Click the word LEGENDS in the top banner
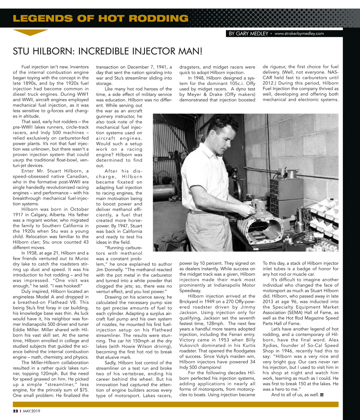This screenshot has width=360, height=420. [x=42, y=19]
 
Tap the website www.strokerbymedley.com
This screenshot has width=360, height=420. [x=299, y=34]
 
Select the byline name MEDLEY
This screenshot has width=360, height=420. [x=259, y=34]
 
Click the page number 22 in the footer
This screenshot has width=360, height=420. [x=15, y=411]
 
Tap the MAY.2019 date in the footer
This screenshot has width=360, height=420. [x=31, y=411]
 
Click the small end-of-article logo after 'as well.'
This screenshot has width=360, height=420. [x=322, y=395]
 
